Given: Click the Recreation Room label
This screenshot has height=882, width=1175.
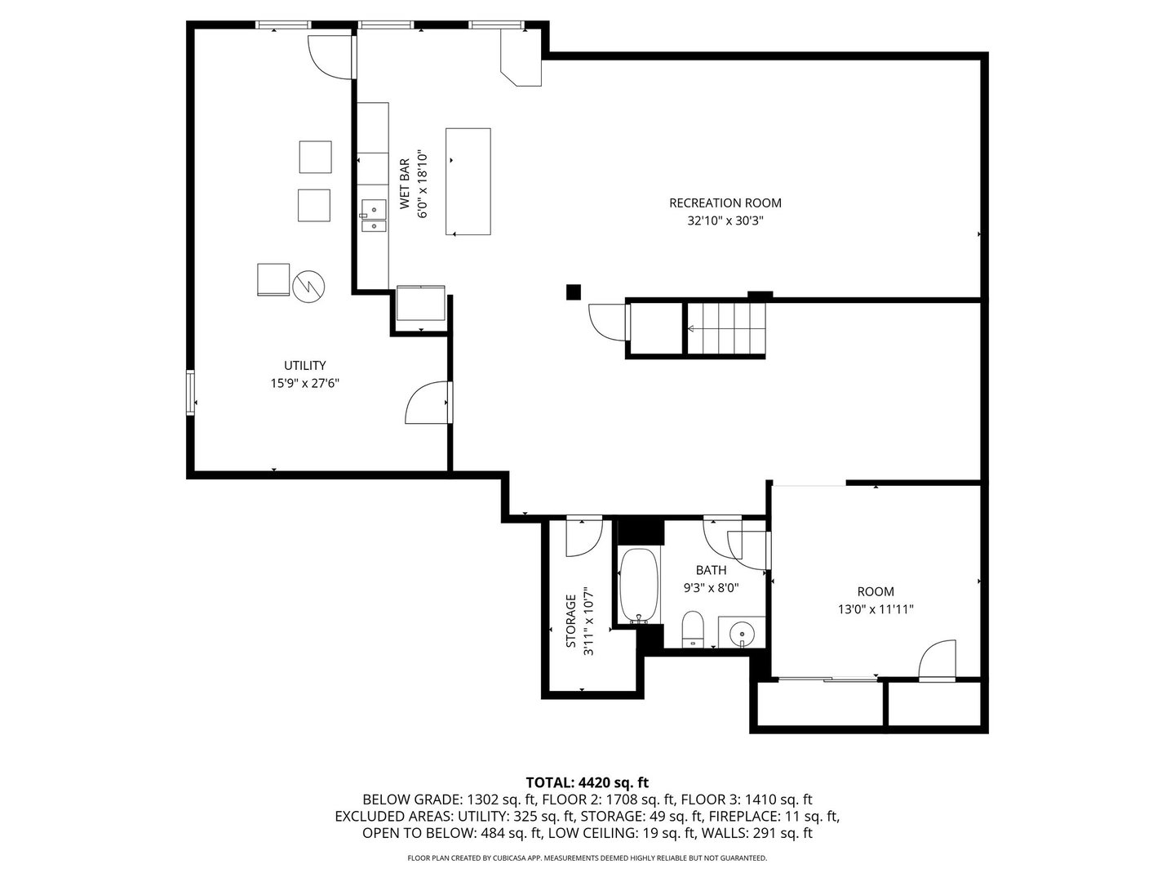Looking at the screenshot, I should click(725, 203).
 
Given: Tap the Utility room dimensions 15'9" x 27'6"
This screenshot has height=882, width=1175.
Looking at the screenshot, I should click(304, 383).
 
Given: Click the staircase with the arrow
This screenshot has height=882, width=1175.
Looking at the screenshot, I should click(725, 329).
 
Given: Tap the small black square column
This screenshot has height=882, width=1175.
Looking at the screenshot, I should click(574, 292).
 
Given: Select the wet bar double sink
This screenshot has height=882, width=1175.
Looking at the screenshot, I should click(374, 216).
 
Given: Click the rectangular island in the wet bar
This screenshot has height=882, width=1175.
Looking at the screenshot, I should click(468, 181).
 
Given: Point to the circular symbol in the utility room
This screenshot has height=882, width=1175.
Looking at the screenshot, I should click(308, 285).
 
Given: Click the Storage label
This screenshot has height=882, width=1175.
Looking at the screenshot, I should click(571, 621).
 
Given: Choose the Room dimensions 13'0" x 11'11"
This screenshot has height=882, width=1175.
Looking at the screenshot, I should click(875, 609).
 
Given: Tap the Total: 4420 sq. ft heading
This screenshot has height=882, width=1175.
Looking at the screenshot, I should click(587, 782).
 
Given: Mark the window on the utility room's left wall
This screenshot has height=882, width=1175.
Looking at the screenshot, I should click(190, 393).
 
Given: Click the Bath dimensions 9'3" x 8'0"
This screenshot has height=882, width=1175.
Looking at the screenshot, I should click(710, 587).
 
